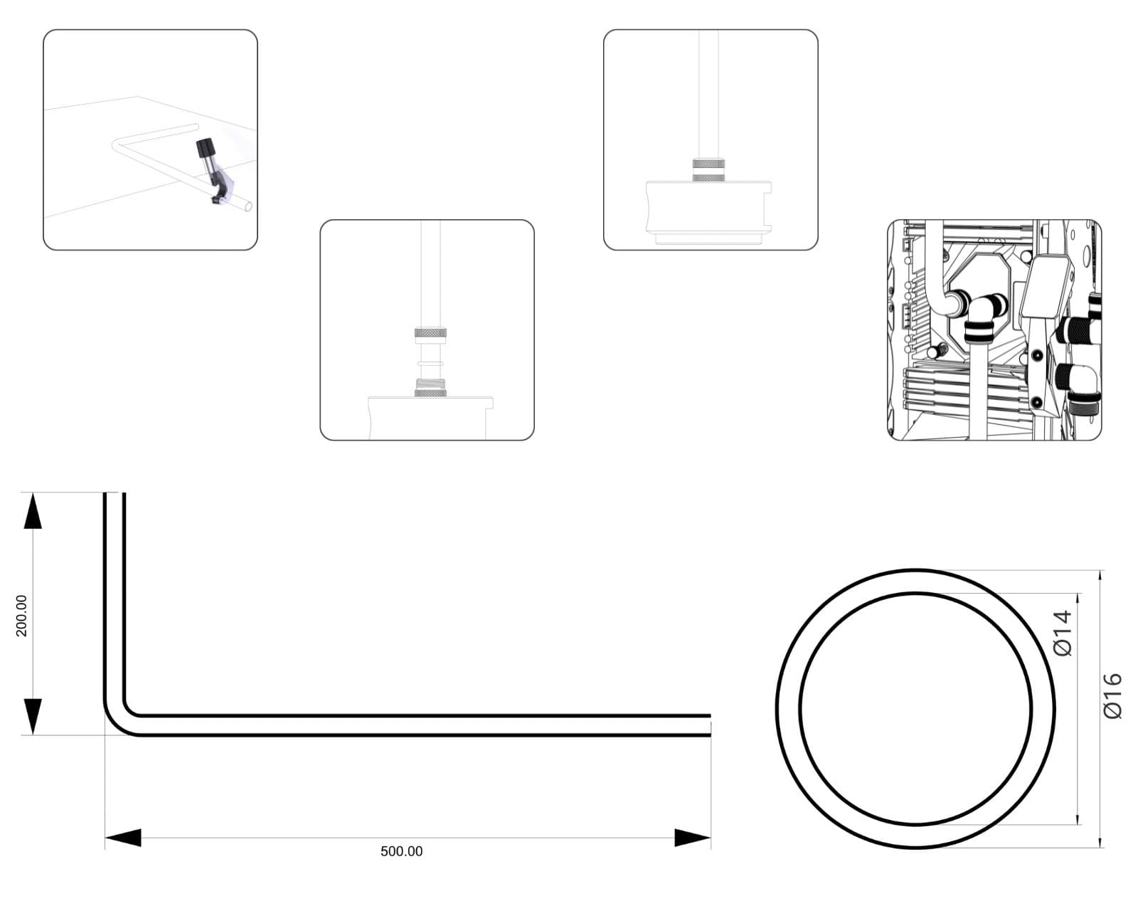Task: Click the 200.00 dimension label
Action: tap(21, 616)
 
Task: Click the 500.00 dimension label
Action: tap(401, 851)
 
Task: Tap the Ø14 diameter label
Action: tap(1062, 633)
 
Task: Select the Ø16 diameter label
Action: tap(1112, 696)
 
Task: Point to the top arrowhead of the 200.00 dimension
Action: tap(33, 510)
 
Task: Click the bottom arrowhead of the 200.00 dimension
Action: tap(33, 717)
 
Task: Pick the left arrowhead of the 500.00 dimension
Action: tap(123, 838)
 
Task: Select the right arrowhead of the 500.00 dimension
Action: tap(692, 838)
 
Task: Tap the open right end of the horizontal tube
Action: tap(710, 725)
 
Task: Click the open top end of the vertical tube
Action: tap(115, 494)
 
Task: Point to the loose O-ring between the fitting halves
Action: tap(430, 363)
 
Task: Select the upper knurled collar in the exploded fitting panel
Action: tap(430, 333)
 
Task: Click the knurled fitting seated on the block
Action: tap(708, 170)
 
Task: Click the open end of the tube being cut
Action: tap(248, 206)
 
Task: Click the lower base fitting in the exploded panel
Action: tap(430, 388)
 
